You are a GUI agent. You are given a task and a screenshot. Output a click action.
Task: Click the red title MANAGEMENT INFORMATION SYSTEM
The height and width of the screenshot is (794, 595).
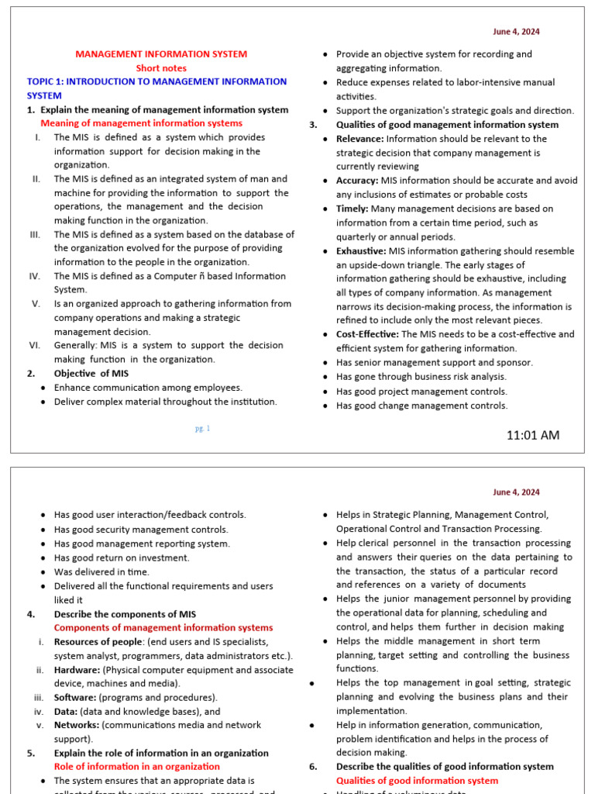(x=161, y=54)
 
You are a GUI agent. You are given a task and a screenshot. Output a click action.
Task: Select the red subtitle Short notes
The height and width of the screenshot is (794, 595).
(x=161, y=68)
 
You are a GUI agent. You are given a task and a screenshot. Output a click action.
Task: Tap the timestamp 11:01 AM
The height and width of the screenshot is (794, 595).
(x=532, y=435)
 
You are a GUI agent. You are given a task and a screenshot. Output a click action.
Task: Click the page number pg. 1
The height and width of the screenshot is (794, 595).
(x=203, y=428)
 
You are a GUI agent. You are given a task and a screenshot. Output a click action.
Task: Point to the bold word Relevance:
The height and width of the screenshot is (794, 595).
(x=359, y=139)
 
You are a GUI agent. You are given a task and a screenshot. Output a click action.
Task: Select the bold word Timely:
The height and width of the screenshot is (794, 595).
(x=353, y=209)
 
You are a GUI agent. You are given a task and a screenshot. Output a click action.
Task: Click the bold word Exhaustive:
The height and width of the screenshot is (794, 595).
(x=360, y=251)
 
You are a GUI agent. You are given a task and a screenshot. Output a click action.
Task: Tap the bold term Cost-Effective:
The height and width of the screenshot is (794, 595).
(x=367, y=334)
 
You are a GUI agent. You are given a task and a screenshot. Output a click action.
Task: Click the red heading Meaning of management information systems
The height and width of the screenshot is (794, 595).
(x=141, y=123)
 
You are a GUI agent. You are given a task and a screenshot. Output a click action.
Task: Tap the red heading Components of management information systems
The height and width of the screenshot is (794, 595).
(x=163, y=628)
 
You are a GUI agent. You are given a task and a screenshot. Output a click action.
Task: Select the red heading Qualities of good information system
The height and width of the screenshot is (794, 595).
(x=417, y=781)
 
